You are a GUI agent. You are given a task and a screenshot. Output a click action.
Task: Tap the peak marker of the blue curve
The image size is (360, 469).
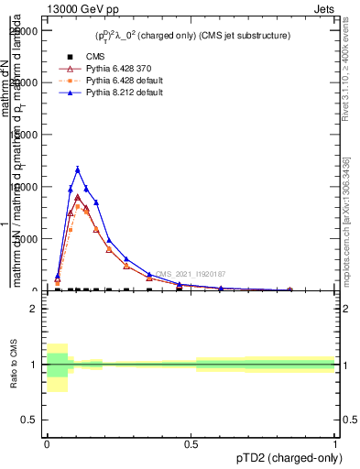click(x=78, y=169)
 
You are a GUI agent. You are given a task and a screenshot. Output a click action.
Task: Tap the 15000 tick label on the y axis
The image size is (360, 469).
click(x=23, y=135)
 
